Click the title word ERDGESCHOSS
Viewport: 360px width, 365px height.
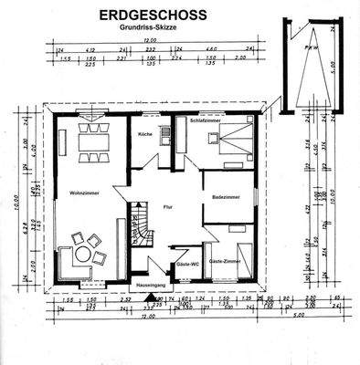click(153, 16)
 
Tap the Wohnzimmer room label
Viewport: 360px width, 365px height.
click(83, 193)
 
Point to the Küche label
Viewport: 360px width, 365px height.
click(144, 134)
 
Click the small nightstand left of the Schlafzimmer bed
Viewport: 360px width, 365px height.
click(212, 140)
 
